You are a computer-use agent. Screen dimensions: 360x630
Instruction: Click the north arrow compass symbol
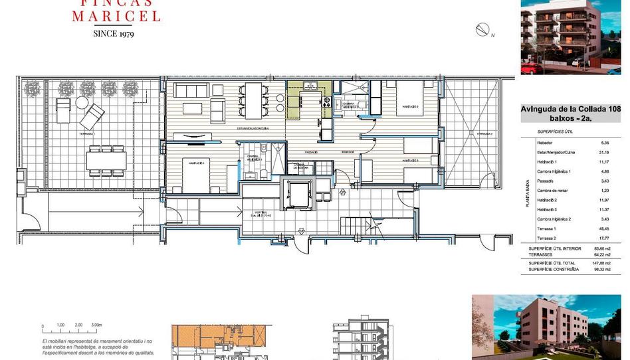tap(483, 29)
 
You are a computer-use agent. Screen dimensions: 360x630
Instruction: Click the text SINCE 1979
tap(114, 33)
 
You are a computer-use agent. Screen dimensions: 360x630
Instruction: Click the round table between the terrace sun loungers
tap(81, 103)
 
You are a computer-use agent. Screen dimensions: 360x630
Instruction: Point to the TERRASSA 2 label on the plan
tap(482, 134)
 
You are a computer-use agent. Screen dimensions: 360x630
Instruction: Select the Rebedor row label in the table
tap(544, 143)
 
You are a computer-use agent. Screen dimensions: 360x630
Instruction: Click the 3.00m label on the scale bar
tap(96, 325)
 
